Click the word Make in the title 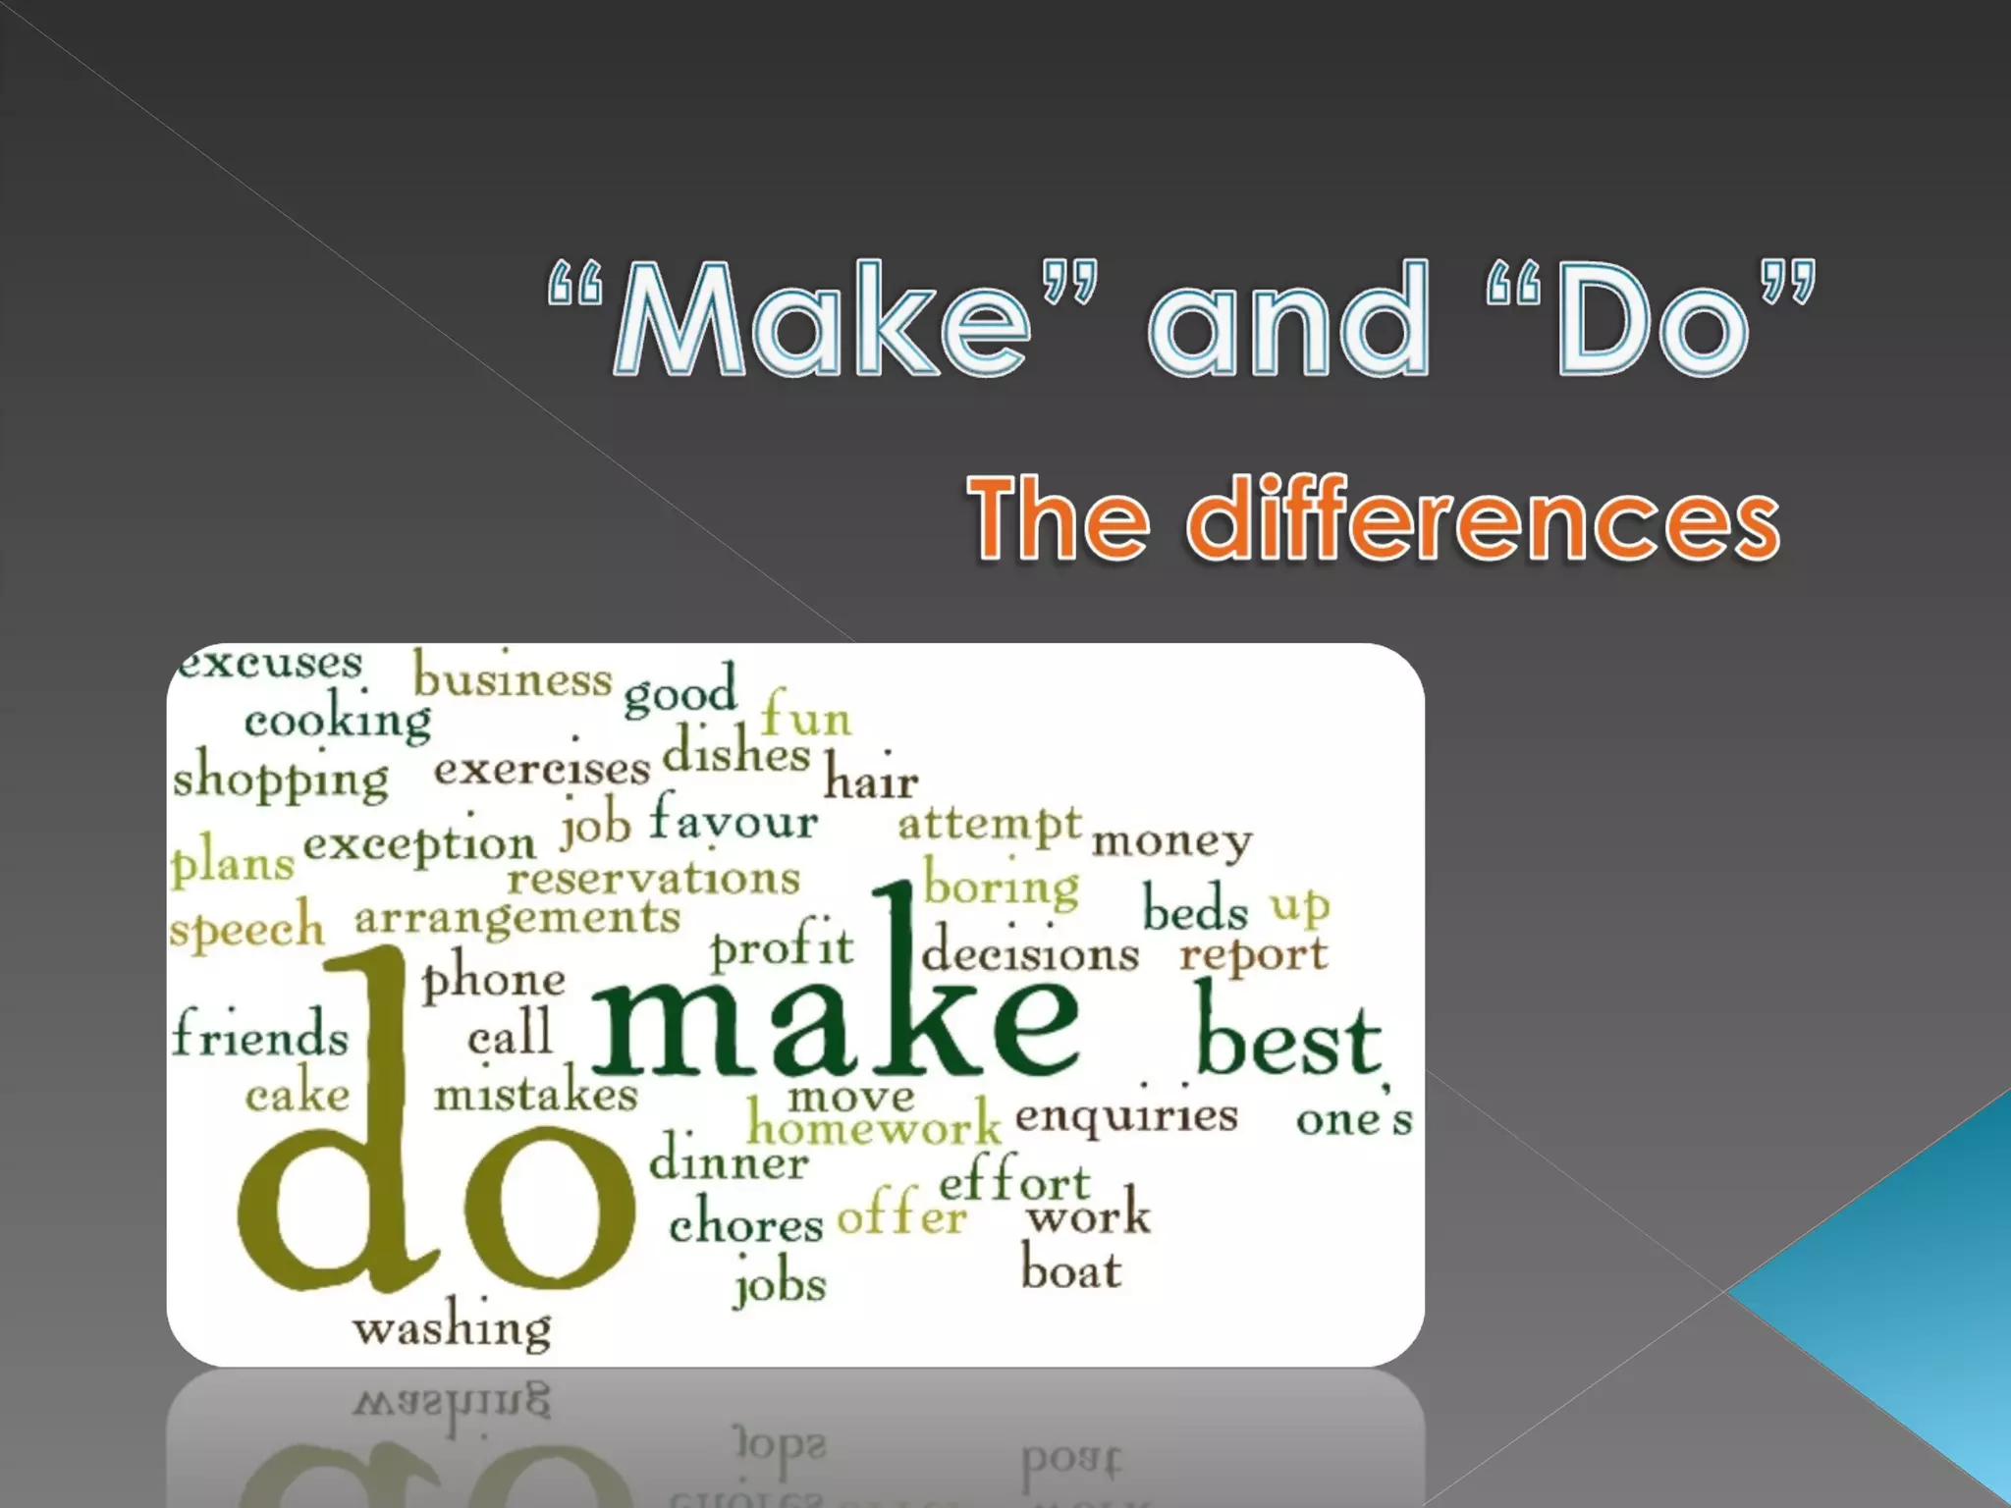[821, 320]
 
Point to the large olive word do [432, 1168]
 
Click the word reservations [654, 878]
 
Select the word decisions [1030, 952]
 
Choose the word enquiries [1126, 1116]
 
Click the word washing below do [453, 1328]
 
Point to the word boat [1070, 1270]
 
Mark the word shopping [281, 779]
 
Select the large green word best [1288, 1041]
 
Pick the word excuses [270, 663]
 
